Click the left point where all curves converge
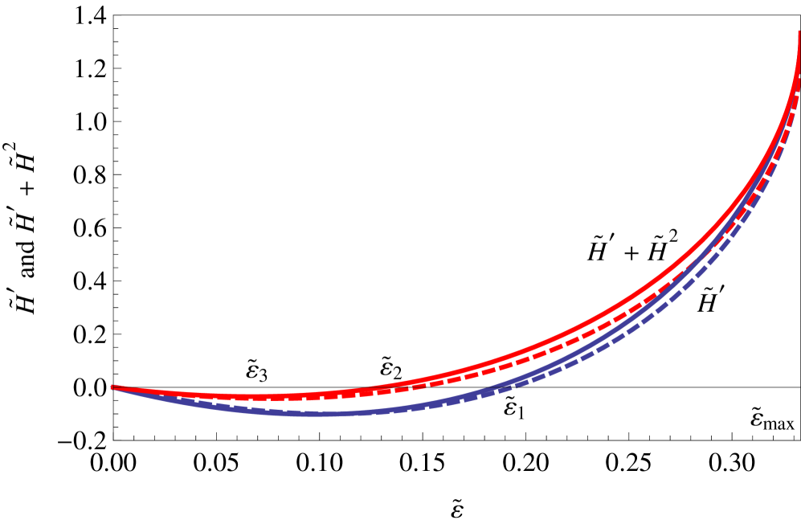112,387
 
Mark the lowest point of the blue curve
313,414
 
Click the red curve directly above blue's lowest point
313,394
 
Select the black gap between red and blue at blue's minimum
313,404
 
